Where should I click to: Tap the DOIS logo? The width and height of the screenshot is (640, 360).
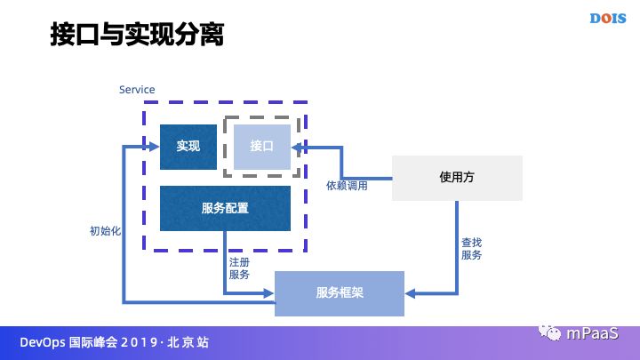point(610,18)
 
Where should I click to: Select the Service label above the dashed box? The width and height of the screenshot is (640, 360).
point(137,90)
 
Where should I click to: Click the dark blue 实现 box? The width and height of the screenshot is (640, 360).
point(188,147)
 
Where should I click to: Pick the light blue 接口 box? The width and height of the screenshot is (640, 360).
point(262,147)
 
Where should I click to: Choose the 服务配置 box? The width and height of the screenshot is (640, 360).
point(225,209)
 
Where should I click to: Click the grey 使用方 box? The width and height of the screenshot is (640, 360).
point(457,177)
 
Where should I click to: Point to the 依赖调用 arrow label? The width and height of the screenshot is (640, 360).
point(347,186)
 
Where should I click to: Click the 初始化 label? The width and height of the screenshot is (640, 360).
point(105,230)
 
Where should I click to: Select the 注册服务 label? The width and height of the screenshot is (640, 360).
point(239,268)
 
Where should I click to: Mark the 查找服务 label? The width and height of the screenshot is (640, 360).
point(471,248)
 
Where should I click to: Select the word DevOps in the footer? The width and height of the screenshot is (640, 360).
point(41,342)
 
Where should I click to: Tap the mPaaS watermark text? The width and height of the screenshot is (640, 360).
point(601,333)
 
